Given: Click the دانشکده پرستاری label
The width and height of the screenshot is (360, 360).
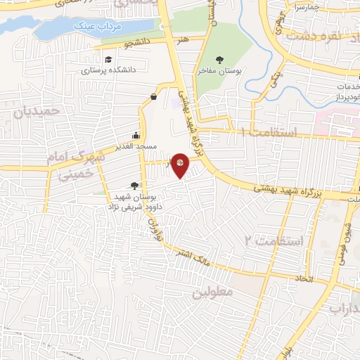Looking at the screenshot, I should [x=108, y=70].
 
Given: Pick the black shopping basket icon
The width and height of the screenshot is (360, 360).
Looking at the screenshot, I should [x=154, y=96].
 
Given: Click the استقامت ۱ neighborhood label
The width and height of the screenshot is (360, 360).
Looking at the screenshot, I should [x=270, y=131].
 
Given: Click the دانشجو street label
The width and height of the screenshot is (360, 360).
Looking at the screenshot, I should [x=139, y=42].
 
